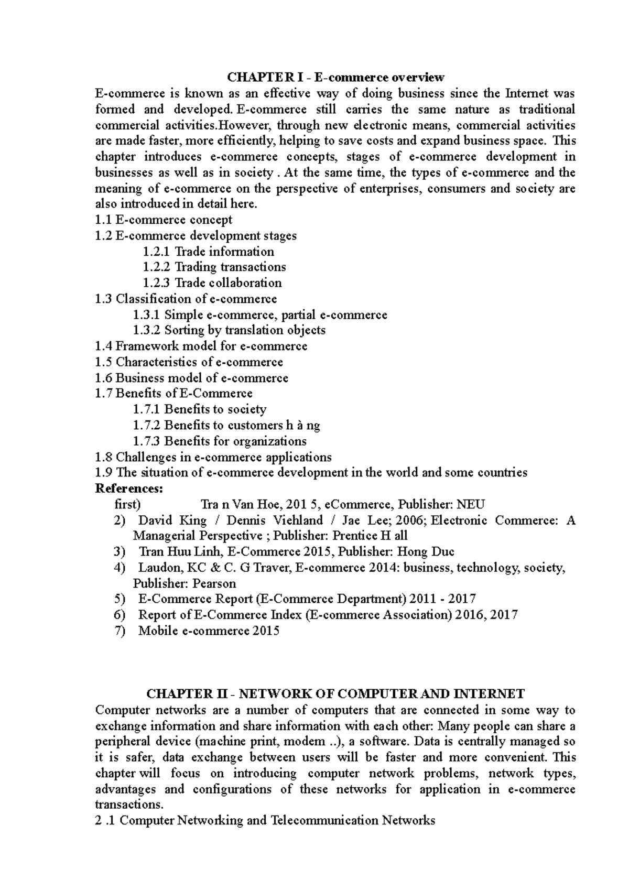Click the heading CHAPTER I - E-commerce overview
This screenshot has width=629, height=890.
tap(335, 78)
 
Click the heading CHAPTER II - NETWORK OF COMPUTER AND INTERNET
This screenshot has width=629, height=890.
tap(335, 694)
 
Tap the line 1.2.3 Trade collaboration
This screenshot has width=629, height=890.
tap(212, 283)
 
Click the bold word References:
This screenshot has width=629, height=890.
tap(129, 489)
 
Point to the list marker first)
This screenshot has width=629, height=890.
tap(127, 504)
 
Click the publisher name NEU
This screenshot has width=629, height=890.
tap(471, 504)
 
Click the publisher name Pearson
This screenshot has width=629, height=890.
tap(214, 583)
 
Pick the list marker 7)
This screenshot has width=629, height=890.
tap(120, 631)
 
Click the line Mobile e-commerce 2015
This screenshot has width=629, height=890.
tap(209, 631)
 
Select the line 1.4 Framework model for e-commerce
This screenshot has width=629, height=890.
tap(201, 346)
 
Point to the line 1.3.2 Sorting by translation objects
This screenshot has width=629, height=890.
tap(229, 330)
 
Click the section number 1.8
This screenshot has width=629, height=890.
tap(104, 457)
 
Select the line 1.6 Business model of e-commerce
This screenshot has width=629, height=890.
tap(192, 378)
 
